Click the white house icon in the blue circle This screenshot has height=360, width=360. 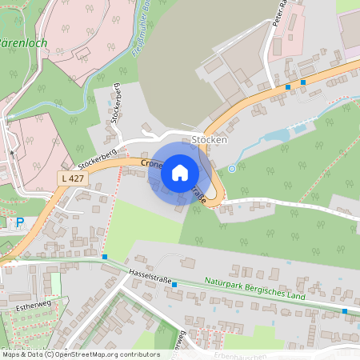point(180,172)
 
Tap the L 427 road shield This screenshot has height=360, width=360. point(73,177)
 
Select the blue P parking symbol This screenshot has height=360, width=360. point(21,222)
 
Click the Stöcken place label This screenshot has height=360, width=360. point(210,140)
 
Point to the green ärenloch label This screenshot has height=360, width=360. point(23,42)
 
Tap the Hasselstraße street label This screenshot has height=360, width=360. point(150,276)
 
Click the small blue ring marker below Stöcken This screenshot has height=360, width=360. point(232,168)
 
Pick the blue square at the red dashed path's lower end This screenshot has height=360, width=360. point(105,256)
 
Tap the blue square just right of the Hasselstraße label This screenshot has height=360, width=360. point(174,284)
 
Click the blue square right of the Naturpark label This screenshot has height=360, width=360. point(344,310)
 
